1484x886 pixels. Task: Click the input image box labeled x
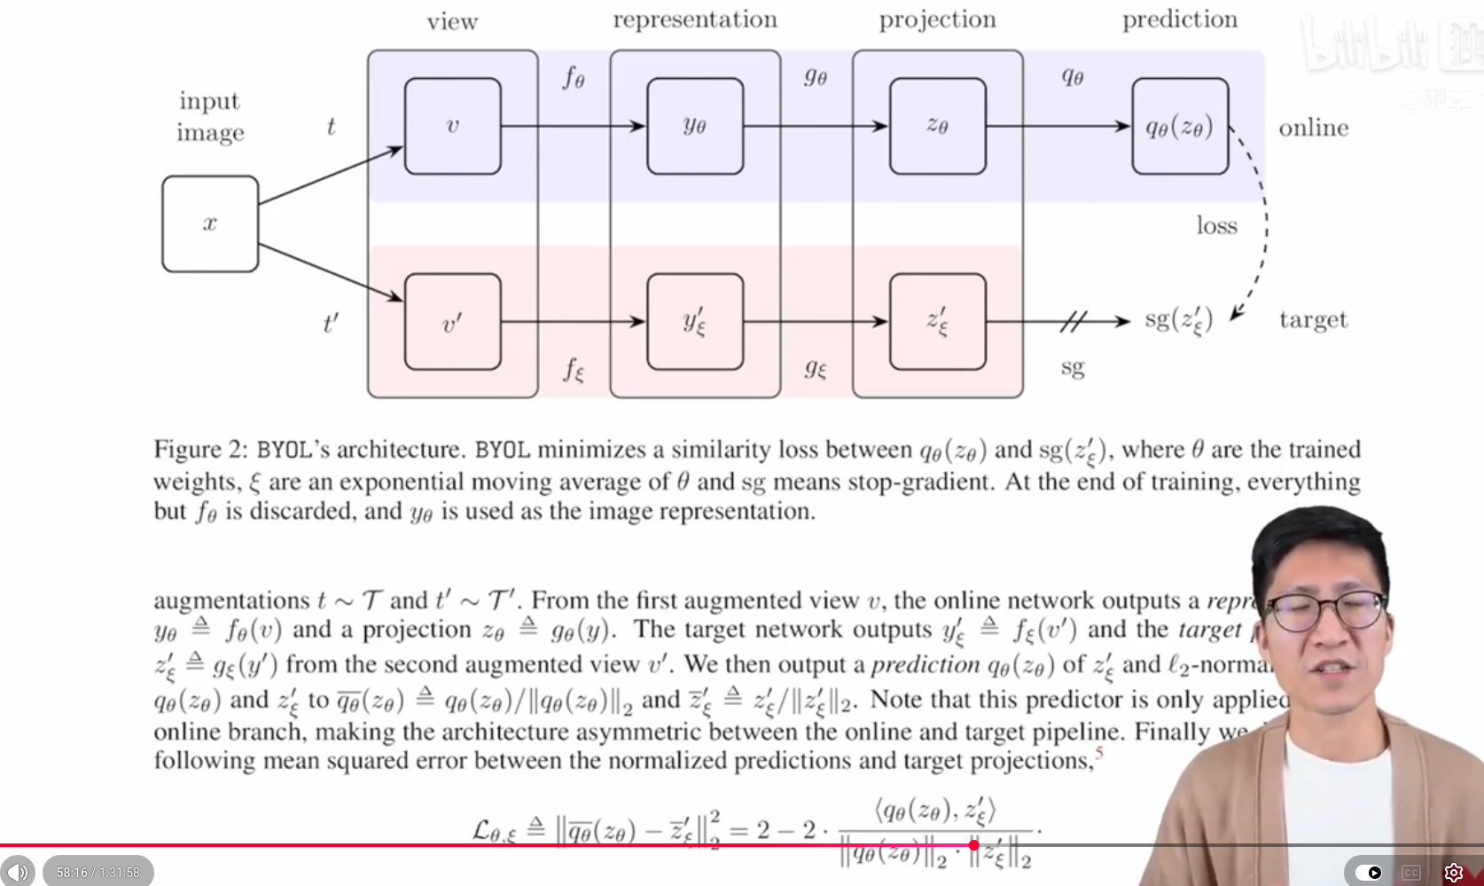tap(210, 223)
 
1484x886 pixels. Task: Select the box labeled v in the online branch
tap(452, 126)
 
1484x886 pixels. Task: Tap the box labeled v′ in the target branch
tap(452, 321)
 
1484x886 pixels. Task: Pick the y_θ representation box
tap(695, 126)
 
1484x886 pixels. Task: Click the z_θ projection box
tap(937, 126)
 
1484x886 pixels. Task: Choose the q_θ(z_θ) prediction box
tap(1180, 126)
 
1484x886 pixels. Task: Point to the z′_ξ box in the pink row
tap(937, 321)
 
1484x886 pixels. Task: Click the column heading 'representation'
tap(695, 20)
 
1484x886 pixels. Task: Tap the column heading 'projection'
tap(937, 20)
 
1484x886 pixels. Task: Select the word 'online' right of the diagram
tap(1313, 128)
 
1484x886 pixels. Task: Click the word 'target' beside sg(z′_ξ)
tap(1313, 319)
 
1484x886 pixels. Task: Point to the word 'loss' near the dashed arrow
tap(1216, 225)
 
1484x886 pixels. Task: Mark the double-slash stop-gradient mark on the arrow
tap(1073, 321)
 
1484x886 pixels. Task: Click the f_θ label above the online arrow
tap(574, 78)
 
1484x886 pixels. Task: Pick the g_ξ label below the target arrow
tap(816, 367)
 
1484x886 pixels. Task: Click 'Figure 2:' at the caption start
tap(200, 449)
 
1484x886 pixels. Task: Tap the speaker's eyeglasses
tap(1327, 611)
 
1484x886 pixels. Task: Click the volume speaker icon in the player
tap(18, 872)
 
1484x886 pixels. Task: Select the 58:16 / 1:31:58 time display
tap(98, 872)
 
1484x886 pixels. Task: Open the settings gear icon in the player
tap(1453, 872)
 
